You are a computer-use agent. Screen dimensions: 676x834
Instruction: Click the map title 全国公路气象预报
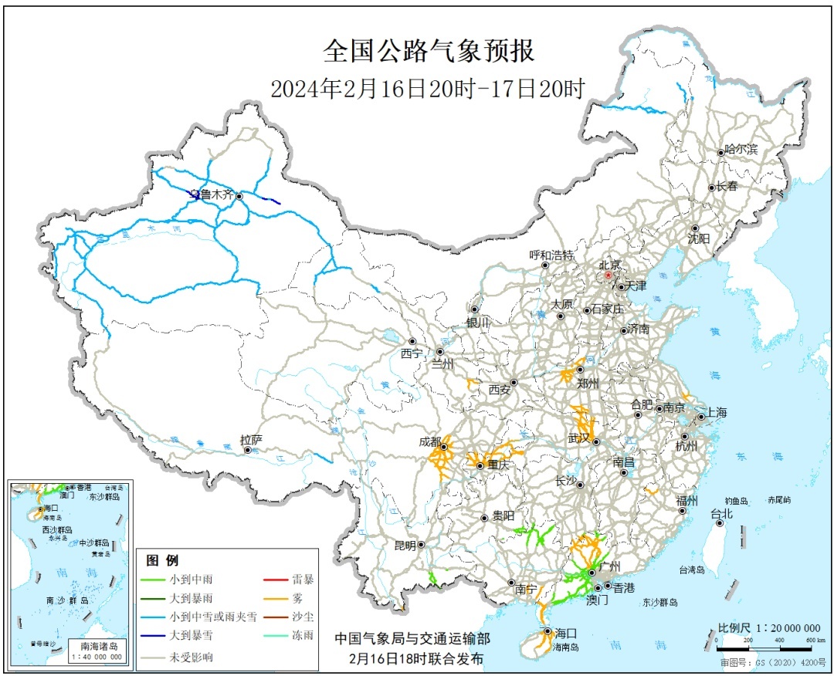(x=428, y=52)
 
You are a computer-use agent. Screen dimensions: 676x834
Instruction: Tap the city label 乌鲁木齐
(x=211, y=195)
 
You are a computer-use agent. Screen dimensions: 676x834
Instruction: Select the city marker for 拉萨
(x=247, y=450)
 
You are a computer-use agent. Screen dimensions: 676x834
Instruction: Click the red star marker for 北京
(x=608, y=275)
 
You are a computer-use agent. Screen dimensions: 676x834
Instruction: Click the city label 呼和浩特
(x=551, y=255)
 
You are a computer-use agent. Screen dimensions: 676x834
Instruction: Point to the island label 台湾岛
(x=692, y=570)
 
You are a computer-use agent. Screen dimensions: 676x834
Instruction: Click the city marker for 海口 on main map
(x=548, y=631)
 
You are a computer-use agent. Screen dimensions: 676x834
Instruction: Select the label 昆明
(x=405, y=545)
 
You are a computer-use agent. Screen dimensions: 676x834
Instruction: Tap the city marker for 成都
(x=445, y=446)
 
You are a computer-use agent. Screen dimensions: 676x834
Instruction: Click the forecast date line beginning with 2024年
(x=427, y=89)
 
